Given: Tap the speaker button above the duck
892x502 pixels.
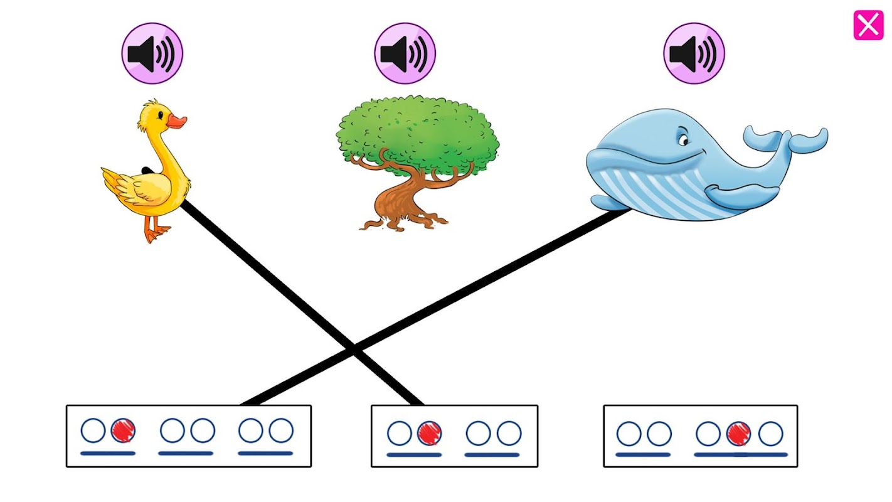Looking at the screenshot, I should [152, 53].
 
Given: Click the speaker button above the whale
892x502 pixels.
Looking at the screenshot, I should [694, 53].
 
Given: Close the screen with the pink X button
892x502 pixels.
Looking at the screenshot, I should [868, 26].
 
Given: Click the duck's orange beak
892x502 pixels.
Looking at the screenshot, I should [178, 121].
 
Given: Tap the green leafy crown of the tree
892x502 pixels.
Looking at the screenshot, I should [418, 132].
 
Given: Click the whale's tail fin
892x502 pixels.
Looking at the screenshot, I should [787, 139].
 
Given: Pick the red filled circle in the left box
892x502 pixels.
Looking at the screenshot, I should [123, 431].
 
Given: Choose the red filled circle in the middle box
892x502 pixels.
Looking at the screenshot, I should [429, 433].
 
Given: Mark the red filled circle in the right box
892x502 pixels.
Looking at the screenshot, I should [738, 434].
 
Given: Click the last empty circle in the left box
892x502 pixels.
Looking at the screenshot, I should [281, 431].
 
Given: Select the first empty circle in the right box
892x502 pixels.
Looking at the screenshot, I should [629, 434].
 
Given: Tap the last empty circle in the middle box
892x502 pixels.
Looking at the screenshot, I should [509, 433].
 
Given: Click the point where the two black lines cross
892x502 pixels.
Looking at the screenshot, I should [354, 349].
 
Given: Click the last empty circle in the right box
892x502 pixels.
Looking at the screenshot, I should [770, 434].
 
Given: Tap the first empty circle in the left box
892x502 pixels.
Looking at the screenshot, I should [93, 431].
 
